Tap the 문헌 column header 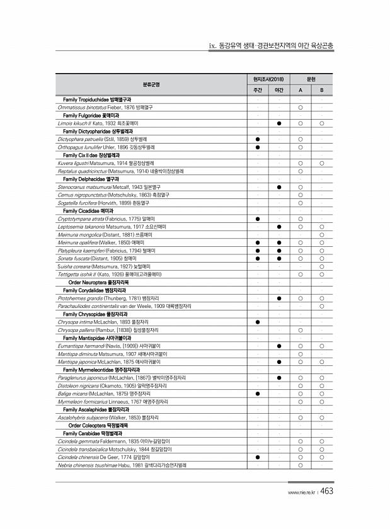pyautogui.click(x=311, y=79)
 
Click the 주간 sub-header pyautogui.click(x=258, y=91)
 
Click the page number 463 pyautogui.click(x=326, y=492)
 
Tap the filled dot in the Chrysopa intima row pyautogui.click(x=258, y=322)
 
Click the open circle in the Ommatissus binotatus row pyautogui.click(x=301, y=108)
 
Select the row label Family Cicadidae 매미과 pyautogui.click(x=88, y=210)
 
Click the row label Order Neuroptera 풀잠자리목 pyautogui.click(x=96, y=282)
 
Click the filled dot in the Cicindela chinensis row pyautogui.click(x=258, y=457)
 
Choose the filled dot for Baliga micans pyautogui.click(x=258, y=394)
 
